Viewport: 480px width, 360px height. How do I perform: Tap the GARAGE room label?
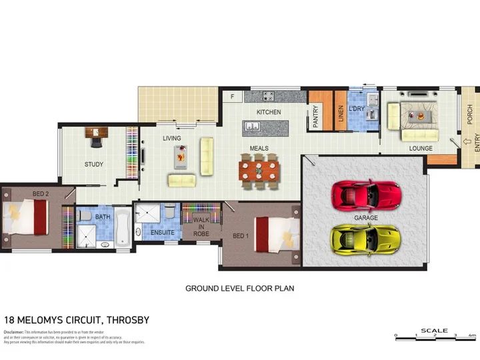366,218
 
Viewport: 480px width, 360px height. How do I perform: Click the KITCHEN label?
269,112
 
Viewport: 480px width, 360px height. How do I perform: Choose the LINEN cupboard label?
340,115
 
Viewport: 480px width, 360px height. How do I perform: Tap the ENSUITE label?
162,233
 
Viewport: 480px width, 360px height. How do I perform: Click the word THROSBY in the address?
125,320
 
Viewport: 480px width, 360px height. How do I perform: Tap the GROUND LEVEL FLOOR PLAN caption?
239,289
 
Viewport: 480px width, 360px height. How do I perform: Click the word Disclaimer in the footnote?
13,331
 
